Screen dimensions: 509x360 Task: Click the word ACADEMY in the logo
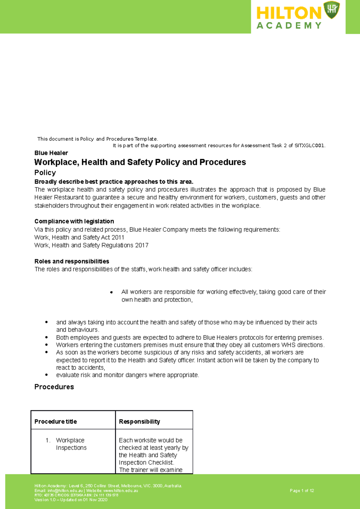289,26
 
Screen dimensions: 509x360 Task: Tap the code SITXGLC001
310,146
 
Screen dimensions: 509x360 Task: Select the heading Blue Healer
51,153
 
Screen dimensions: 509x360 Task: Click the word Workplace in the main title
56,162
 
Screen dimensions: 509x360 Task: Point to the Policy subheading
45,173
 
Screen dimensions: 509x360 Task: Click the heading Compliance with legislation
74,221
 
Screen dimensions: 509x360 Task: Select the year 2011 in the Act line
118,237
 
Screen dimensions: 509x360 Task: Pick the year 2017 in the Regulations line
142,245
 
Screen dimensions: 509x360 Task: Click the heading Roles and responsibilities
72,261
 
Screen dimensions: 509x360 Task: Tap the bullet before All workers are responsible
111,292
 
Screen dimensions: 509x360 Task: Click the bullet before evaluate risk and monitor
46,375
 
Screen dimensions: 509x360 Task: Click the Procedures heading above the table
54,387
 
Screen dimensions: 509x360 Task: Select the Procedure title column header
55,422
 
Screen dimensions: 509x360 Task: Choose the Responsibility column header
139,422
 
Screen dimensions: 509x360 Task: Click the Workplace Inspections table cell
71,444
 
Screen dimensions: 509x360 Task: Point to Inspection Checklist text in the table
146,463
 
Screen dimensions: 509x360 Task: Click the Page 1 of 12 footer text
302,491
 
